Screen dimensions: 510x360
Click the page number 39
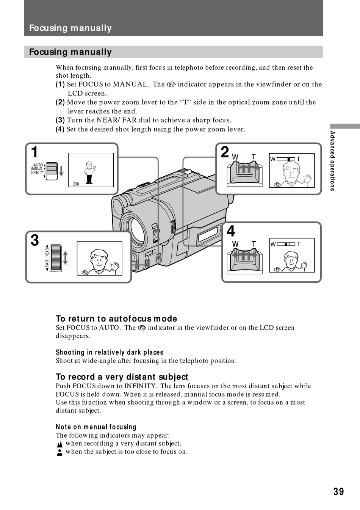338,492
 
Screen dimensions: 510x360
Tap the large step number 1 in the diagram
34,152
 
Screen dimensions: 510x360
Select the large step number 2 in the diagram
225,152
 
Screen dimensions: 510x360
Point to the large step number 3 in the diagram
34,240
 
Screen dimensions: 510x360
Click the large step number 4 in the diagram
231,231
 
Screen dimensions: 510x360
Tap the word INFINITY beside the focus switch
37,173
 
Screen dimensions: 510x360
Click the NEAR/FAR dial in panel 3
56,257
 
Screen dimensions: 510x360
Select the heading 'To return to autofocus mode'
116,319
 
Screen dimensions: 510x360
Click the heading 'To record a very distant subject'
122,377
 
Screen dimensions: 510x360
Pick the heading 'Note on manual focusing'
96,427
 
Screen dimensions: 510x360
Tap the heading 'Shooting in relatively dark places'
110,352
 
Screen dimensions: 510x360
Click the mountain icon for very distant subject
59,444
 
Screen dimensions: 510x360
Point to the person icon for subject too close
59,452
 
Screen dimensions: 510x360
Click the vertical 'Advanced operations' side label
332,161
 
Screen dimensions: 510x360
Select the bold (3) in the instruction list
60,120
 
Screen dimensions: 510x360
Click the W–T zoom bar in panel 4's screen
286,244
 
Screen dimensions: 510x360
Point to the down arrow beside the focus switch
61,171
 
